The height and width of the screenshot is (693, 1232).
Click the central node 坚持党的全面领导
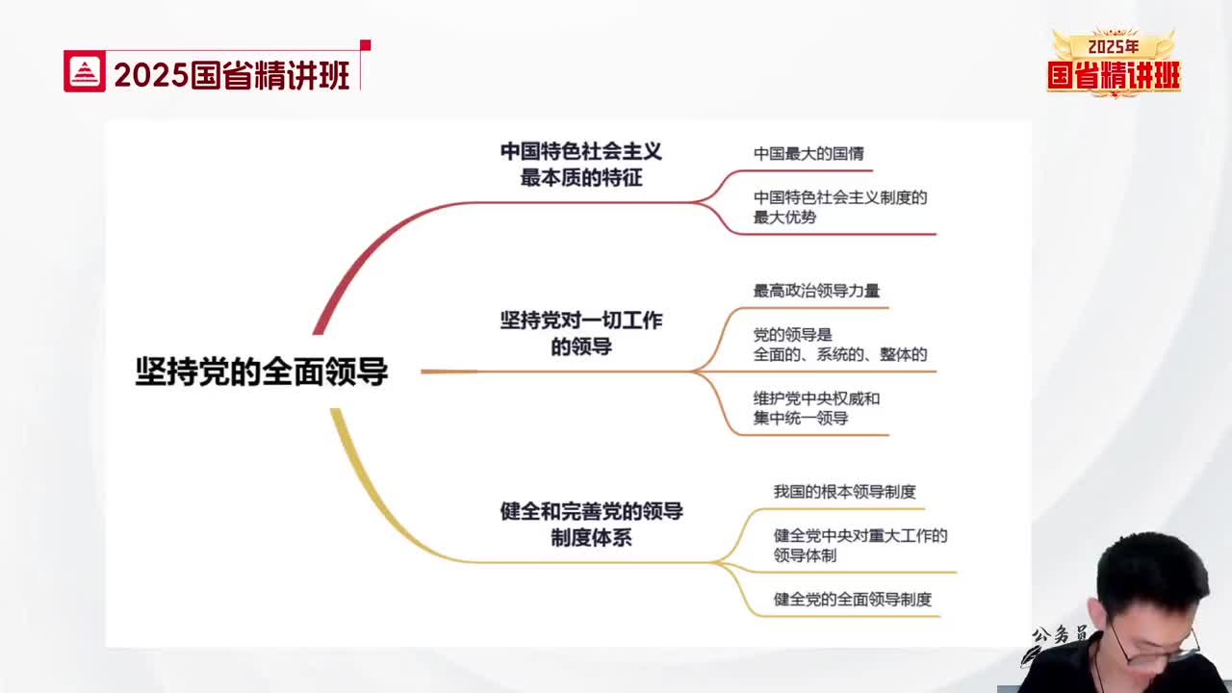coord(262,372)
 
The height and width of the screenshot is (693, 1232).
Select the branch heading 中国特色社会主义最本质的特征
coord(580,165)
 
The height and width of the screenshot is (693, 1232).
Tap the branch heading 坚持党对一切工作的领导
coord(580,333)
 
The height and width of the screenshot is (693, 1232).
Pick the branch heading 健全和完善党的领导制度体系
coord(591,525)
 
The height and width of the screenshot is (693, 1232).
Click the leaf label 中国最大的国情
coord(808,153)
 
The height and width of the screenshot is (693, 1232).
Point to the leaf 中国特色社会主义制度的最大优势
coord(840,207)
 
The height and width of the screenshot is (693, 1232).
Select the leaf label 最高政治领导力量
coord(816,291)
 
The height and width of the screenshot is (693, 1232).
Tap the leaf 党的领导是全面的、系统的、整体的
coord(840,345)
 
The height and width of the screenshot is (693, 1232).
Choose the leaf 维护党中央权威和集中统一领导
coord(816,408)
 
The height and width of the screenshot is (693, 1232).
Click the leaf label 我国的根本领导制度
coord(844,491)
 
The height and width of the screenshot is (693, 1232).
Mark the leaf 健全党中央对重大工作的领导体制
coord(860,545)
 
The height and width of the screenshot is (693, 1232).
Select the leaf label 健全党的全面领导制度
coord(853,599)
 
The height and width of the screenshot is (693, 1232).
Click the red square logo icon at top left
coord(84,71)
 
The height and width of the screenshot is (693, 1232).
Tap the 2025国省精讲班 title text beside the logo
coord(232,75)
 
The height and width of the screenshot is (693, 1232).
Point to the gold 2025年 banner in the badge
coord(1114,47)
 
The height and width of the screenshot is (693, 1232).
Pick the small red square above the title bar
coord(365,45)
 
